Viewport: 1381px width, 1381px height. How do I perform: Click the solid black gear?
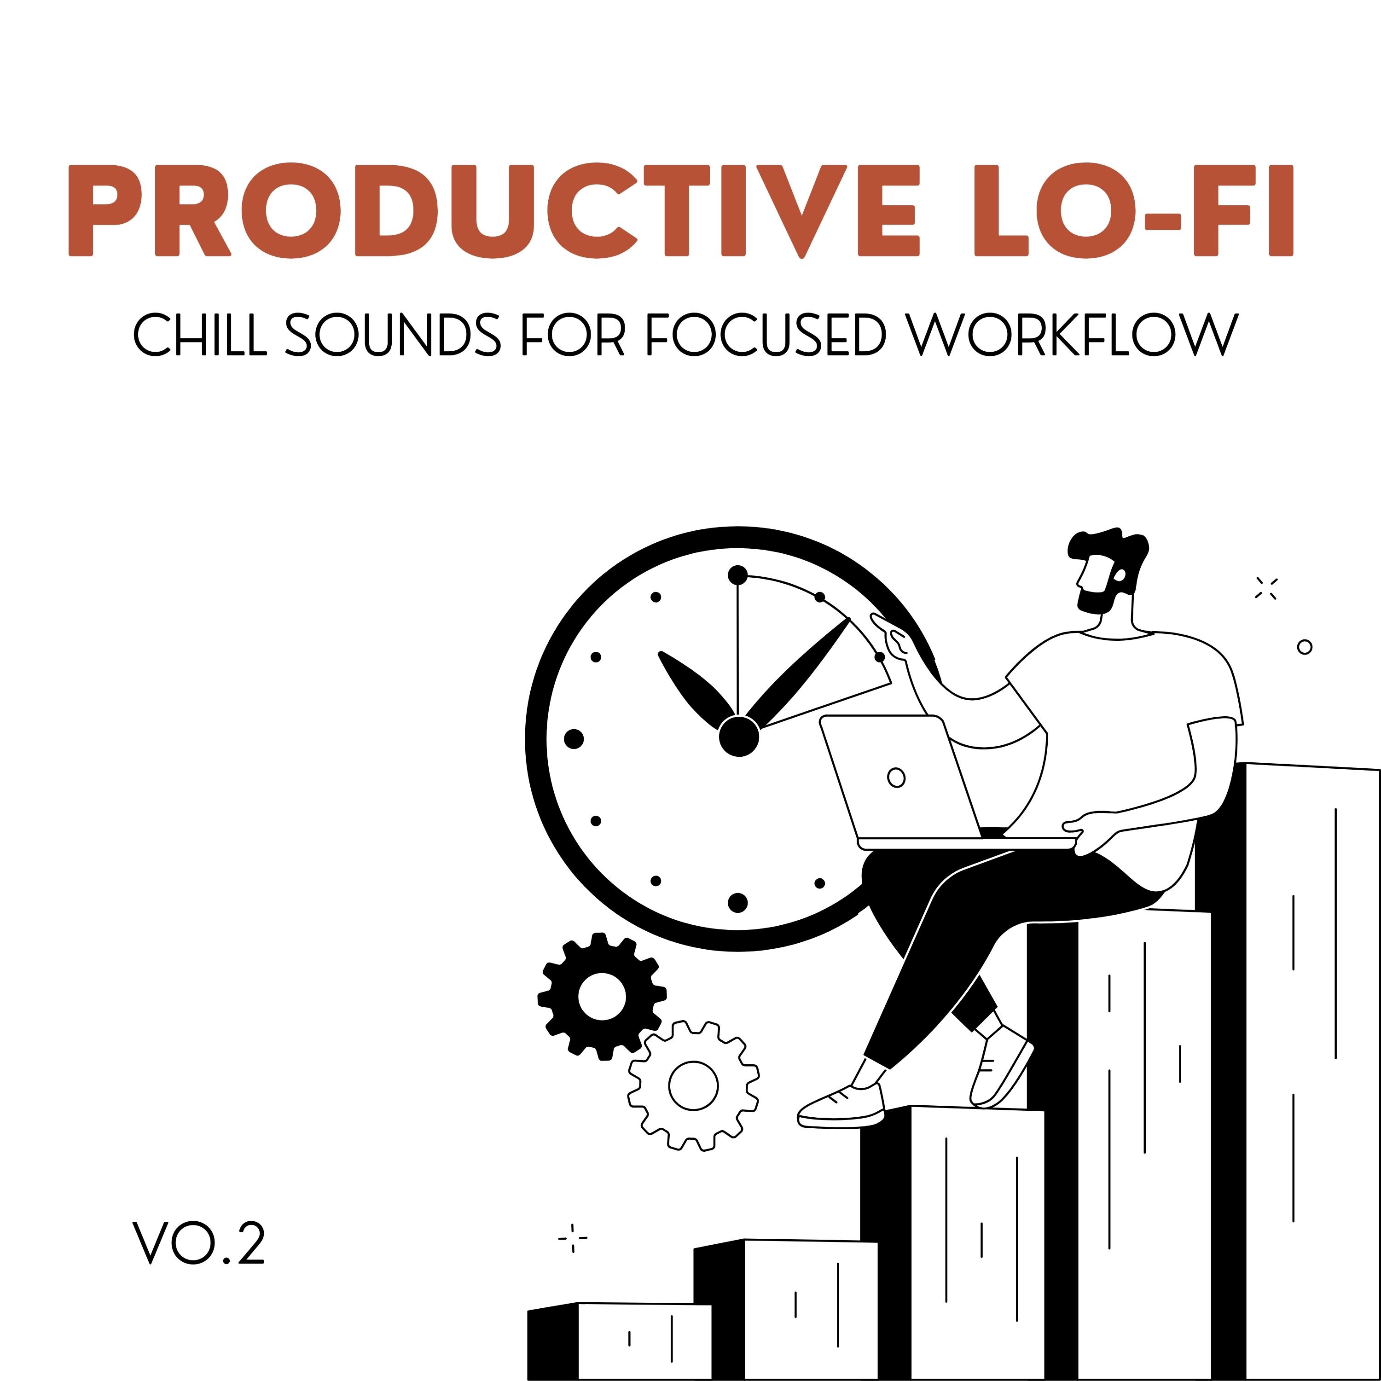[602, 996]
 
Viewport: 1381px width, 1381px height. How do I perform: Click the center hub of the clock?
[738, 736]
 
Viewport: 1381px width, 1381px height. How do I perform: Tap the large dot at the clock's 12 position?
[737, 574]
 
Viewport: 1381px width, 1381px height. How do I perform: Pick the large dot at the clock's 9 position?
[574, 739]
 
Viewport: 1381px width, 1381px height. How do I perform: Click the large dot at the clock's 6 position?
[737, 903]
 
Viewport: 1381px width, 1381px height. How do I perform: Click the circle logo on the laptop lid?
[896, 777]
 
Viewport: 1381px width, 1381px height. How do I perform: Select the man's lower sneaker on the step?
[841, 1107]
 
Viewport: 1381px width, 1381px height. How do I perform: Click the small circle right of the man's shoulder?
[1305, 647]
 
